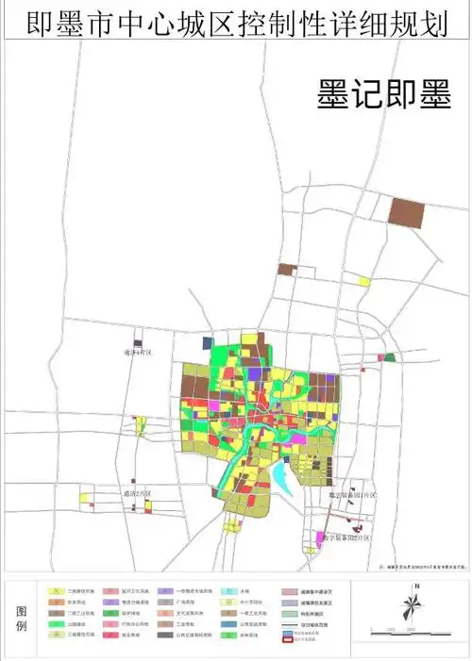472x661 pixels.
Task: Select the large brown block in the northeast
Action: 408,211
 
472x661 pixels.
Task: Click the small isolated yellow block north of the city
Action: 362,280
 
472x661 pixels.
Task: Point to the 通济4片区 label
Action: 137,353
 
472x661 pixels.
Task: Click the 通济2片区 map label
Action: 137,493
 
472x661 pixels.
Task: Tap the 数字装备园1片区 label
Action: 352,496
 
